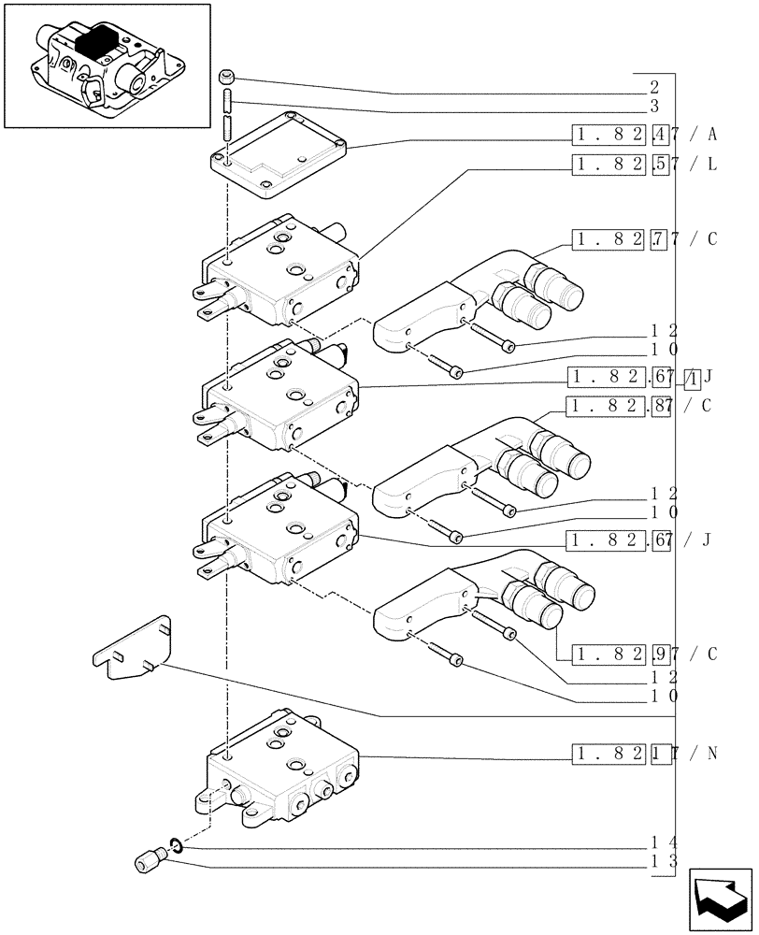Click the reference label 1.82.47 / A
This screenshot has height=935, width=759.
pyautogui.click(x=645, y=136)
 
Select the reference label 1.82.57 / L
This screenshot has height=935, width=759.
pyautogui.click(x=645, y=165)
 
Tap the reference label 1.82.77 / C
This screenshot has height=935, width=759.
pyautogui.click(x=645, y=239)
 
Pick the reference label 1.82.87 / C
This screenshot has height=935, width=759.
pyautogui.click(x=642, y=406)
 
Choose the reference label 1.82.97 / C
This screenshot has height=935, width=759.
pyautogui.click(x=645, y=653)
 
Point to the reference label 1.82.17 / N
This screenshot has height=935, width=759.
pyautogui.click(x=645, y=753)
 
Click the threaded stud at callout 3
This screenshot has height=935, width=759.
pyautogui.click(x=227, y=116)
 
